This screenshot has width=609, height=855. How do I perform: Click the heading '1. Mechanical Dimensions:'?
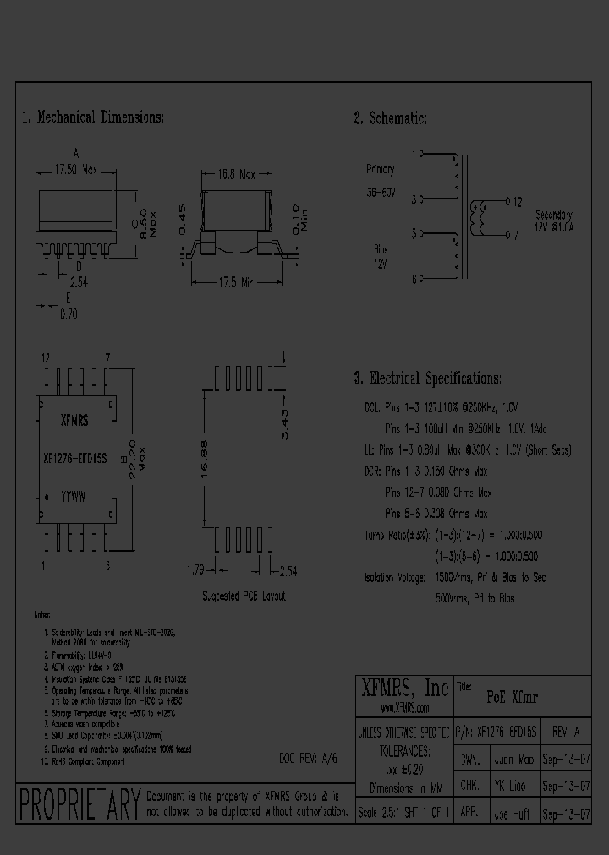(x=93, y=117)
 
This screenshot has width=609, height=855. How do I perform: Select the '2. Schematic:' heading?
(x=390, y=118)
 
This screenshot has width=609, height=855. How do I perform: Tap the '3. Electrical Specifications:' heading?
(x=427, y=378)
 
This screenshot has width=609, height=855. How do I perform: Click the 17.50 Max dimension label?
(x=77, y=169)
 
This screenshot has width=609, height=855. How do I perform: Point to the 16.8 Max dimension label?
(x=236, y=175)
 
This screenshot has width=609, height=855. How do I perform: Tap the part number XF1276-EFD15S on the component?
(x=74, y=459)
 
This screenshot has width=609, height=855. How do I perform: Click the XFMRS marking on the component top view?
(x=75, y=420)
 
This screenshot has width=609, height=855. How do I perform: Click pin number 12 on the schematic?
(x=518, y=202)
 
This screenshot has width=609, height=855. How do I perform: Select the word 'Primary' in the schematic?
(x=380, y=169)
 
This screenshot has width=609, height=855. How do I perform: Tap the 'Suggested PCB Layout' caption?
(x=244, y=596)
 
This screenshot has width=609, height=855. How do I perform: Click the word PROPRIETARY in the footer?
(x=78, y=802)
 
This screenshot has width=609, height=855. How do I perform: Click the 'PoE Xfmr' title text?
(x=513, y=698)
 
